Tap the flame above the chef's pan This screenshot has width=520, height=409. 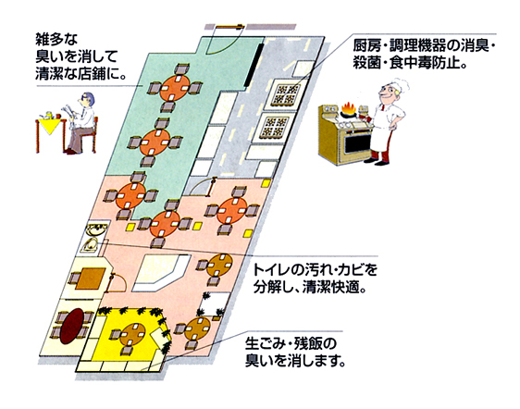(348, 108)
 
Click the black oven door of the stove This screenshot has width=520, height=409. (357, 143)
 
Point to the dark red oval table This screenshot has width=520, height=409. (71, 326)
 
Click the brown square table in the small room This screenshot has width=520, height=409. (90, 278)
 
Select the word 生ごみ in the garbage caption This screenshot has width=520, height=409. (265, 343)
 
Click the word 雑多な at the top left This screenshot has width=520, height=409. (56, 40)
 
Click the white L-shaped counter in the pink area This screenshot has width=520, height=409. (158, 273)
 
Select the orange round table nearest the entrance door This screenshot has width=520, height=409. (175, 88)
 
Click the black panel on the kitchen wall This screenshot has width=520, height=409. (254, 65)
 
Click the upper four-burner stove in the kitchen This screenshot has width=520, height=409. (286, 94)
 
